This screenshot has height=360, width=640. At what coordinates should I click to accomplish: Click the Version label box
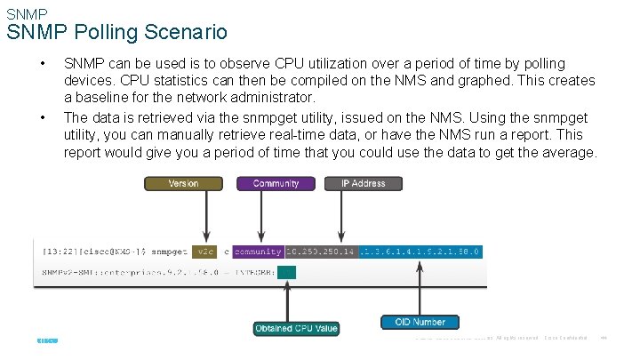183,184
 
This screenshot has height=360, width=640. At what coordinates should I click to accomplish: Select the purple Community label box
276,184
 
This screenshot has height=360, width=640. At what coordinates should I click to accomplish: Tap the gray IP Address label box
363,184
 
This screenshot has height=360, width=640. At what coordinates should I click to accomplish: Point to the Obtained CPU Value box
296,328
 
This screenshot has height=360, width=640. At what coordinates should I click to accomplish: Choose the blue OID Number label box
419,321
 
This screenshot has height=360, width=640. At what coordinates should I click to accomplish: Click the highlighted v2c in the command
205,252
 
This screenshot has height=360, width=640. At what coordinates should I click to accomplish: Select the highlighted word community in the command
258,252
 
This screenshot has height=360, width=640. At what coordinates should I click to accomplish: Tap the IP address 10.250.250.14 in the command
322,252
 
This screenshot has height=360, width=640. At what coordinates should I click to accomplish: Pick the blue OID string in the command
420,252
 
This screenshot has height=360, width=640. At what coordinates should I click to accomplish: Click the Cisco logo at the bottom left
47,339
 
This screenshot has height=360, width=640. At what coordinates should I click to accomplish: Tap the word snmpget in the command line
166,252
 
